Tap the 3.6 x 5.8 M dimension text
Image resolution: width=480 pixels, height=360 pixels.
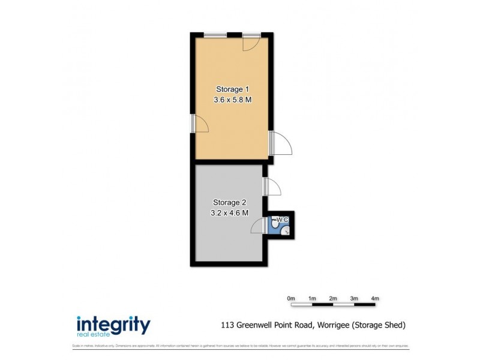point(232,100)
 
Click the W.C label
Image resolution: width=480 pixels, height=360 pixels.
point(283,220)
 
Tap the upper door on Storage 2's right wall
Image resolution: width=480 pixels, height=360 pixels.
point(272,186)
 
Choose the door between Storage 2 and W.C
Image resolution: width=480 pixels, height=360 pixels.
point(259,226)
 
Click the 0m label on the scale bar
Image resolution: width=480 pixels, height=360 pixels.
point(291,298)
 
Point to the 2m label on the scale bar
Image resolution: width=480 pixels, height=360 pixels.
point(333,298)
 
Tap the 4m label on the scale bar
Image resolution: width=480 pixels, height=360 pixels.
point(375,298)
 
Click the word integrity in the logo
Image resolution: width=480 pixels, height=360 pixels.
point(113,324)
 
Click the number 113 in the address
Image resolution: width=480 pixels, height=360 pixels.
point(227,325)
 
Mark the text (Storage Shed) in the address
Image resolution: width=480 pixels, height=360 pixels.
point(380,325)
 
